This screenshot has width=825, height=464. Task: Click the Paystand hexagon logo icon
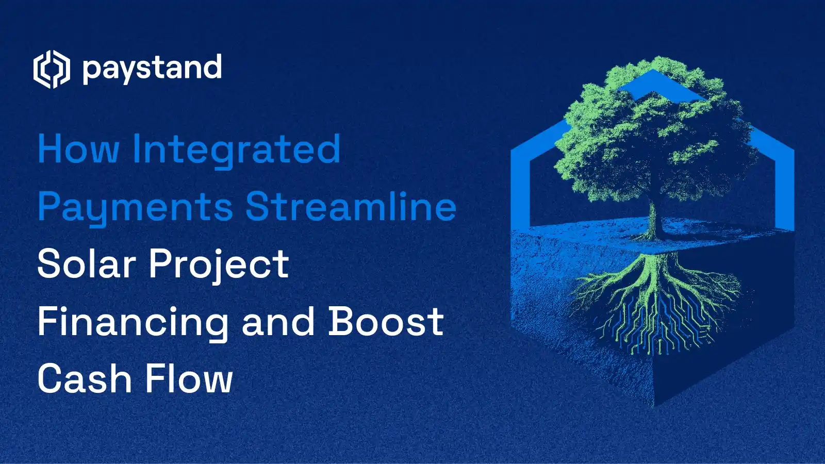pos(51,69)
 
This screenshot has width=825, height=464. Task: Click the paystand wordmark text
pos(152,69)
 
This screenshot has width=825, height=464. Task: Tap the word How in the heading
pos(78,150)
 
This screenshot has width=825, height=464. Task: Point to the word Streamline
pos(351,206)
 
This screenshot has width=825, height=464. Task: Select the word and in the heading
pos(278,322)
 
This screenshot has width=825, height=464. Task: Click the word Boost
pos(386,322)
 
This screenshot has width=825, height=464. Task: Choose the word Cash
pos(85,379)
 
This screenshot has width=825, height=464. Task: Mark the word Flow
pos(189,379)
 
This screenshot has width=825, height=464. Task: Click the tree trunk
pos(653,219)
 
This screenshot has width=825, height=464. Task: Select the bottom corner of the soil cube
pos(653,405)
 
